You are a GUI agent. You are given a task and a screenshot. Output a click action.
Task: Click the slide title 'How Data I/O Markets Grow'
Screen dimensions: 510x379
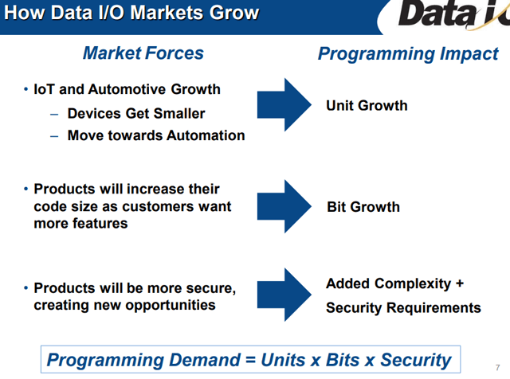coord(131,13)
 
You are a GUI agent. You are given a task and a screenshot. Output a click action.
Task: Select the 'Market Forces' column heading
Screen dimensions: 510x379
coord(143,53)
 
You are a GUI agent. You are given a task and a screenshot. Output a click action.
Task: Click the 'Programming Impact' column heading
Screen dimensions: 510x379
coord(408,54)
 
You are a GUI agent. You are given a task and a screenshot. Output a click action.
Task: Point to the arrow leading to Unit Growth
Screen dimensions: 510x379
coord(284,104)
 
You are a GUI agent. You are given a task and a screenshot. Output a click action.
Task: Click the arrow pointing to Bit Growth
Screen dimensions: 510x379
coord(284,206)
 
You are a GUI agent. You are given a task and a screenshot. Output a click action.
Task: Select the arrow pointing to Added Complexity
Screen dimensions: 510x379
coord(284,295)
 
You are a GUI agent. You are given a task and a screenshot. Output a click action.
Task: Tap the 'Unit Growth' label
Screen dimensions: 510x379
coord(367,106)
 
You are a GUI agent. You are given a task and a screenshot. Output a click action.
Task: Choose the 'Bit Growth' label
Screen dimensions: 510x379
coord(363,207)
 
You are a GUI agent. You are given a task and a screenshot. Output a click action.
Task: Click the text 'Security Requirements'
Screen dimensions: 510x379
coord(403,308)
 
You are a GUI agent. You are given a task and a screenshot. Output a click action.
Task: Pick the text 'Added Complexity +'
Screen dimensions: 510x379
coord(395,283)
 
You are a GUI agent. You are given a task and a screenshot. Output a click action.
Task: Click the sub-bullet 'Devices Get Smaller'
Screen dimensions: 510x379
coord(136,113)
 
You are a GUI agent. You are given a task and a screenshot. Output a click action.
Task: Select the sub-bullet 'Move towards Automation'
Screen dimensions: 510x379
coord(156,135)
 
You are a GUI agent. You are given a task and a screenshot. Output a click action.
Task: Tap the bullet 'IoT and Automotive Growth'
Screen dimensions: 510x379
coord(127,89)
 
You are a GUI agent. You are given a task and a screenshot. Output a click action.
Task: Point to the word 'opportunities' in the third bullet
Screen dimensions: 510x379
coord(171,305)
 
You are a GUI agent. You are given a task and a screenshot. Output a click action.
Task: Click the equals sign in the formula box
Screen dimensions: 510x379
coord(250,360)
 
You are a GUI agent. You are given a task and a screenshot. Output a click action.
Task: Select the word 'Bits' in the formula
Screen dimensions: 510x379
coord(343,360)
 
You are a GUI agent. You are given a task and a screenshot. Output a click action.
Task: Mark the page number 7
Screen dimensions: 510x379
coord(497,368)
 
